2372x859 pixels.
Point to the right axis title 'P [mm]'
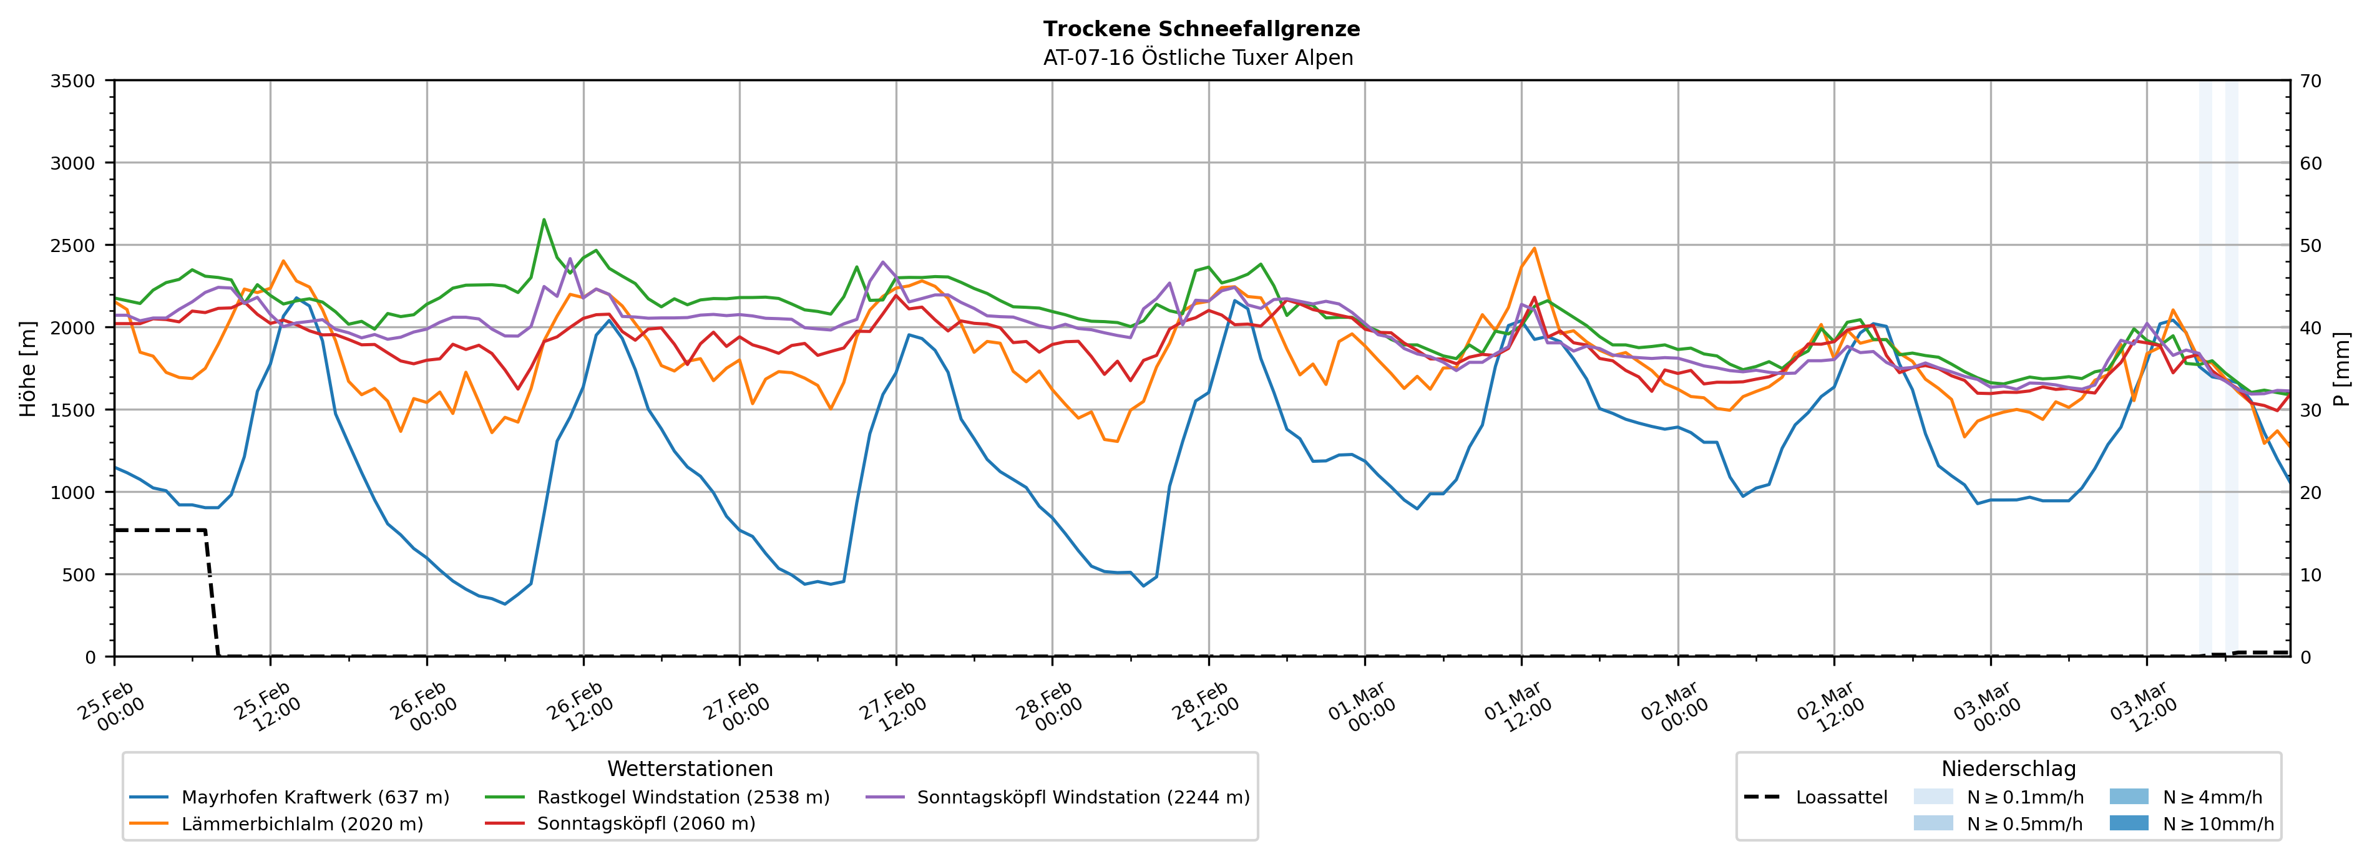(x=2341, y=368)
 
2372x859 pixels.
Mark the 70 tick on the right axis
(x=2310, y=81)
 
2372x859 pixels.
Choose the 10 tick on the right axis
(x=2310, y=575)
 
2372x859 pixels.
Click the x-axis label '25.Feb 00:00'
(x=110, y=707)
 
